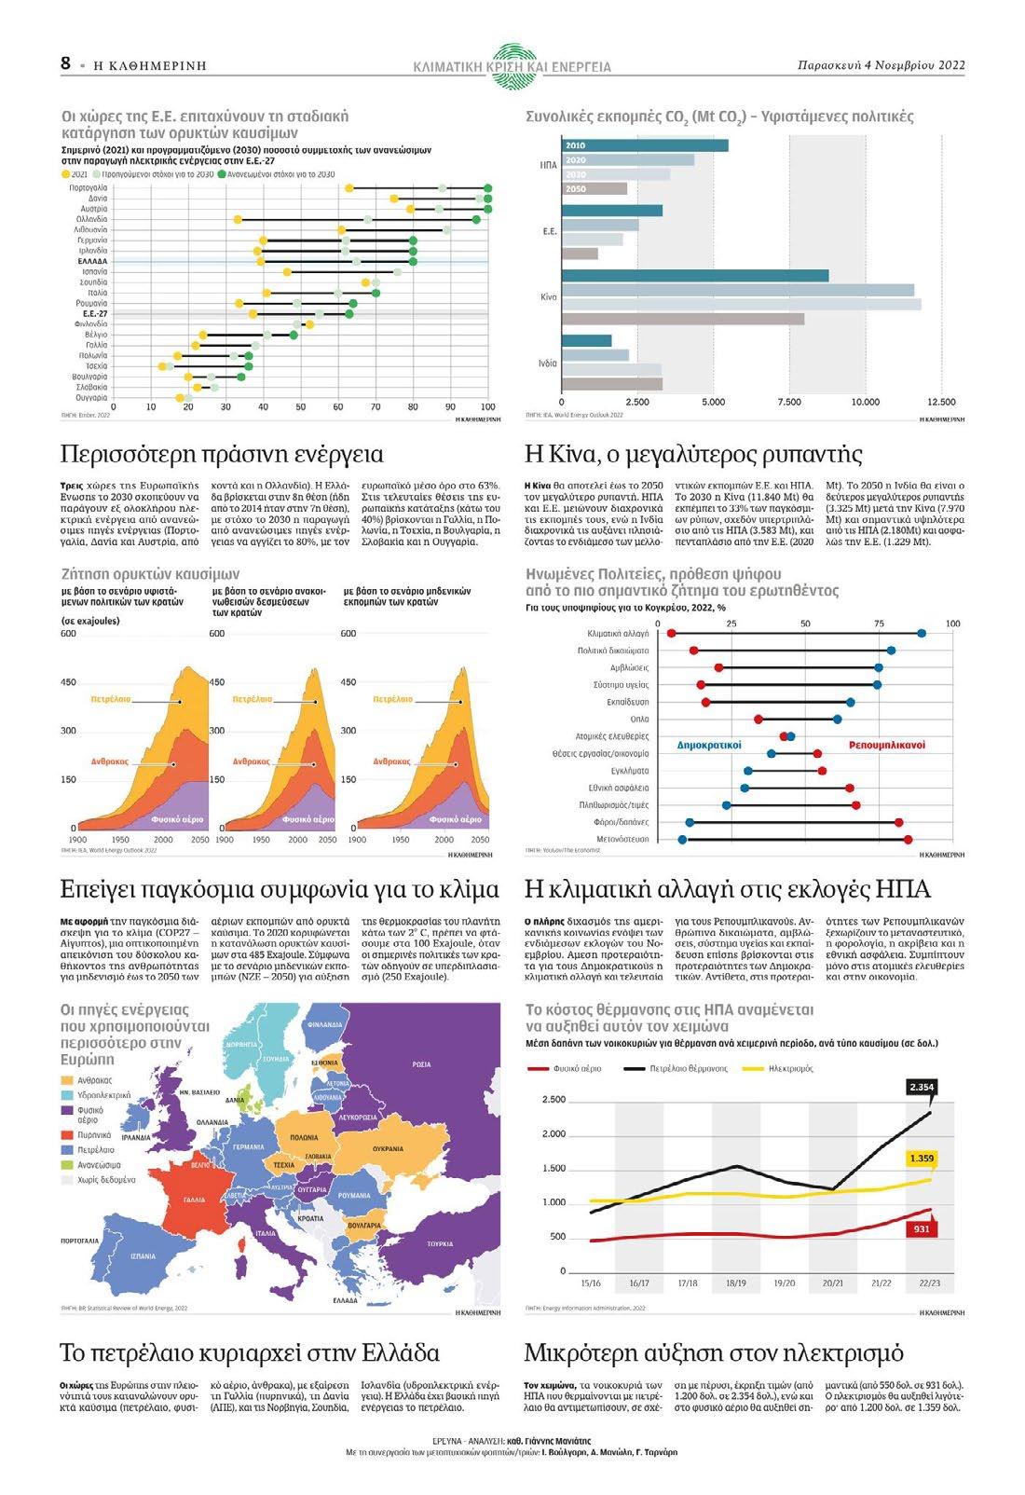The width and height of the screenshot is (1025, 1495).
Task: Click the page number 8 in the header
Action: (x=65, y=63)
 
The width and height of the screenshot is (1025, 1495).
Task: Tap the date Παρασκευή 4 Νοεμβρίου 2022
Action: (x=881, y=65)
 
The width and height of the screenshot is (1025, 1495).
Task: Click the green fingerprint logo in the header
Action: (x=512, y=63)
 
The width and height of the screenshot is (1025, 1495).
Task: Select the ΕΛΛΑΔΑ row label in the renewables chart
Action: (x=92, y=261)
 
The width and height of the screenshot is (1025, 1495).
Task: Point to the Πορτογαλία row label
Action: (x=89, y=188)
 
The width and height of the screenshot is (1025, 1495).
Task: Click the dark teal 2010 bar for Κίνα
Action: (x=694, y=276)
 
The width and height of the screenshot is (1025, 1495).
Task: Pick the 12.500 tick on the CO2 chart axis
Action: (x=941, y=402)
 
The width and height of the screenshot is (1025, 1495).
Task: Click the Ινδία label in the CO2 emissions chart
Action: (x=547, y=363)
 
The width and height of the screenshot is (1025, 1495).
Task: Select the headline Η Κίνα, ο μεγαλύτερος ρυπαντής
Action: (x=694, y=455)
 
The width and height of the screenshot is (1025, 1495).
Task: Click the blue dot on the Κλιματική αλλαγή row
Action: (x=922, y=634)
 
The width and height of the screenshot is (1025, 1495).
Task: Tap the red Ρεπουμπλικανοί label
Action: (x=886, y=745)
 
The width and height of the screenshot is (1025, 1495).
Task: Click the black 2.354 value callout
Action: (x=921, y=1087)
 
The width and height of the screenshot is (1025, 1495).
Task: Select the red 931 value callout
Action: (x=920, y=1229)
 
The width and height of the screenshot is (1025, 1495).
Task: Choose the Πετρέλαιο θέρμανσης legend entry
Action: (x=687, y=1068)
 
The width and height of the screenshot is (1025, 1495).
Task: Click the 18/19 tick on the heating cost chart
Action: (x=735, y=1283)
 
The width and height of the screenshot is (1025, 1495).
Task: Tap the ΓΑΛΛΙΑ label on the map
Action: (x=194, y=1200)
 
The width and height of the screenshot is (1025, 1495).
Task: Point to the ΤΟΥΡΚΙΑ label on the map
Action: (x=439, y=1243)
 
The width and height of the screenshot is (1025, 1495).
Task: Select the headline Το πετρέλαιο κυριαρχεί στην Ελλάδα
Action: (x=249, y=1352)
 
